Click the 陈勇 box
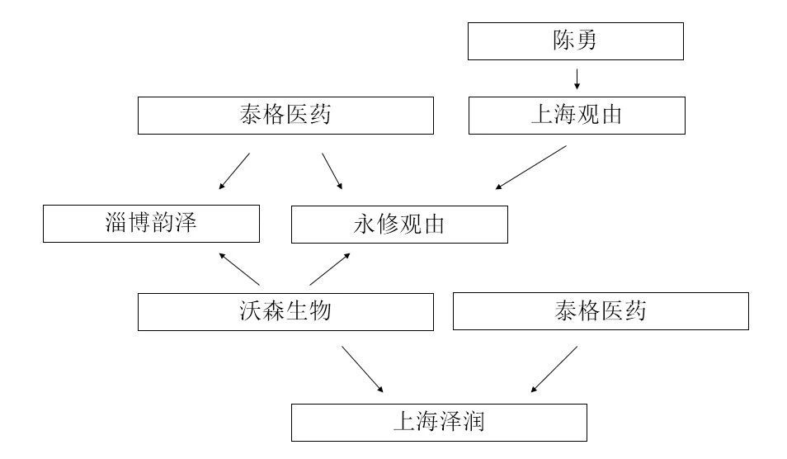tap(575, 41)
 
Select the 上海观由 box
tap(576, 115)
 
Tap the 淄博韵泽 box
tap(151, 224)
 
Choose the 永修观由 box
tap(399, 225)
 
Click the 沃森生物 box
tap(285, 311)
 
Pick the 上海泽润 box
tap(438, 423)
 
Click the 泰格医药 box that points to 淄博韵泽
tap(285, 115)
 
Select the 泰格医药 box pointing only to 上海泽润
tap(601, 311)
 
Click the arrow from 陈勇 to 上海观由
tap(577, 78)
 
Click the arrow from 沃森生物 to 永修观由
tap(330, 268)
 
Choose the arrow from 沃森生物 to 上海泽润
tap(363, 369)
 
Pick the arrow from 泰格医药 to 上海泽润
tap(554, 369)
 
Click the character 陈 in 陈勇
tap(563, 41)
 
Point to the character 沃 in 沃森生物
tap(249, 311)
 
